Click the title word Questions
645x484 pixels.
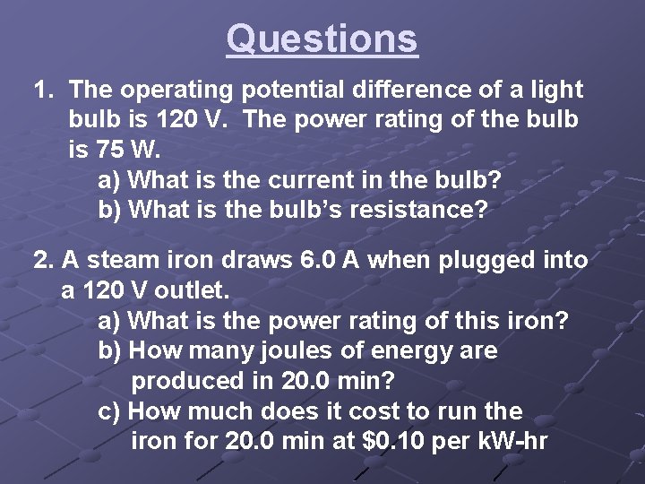click(x=322, y=39)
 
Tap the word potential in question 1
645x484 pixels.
click(x=292, y=91)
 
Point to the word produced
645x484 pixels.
click(x=187, y=381)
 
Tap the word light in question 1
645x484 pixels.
click(x=557, y=91)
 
